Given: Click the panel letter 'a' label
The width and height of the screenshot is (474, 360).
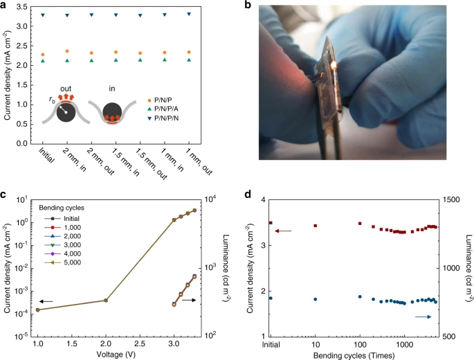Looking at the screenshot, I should (x=5, y=6).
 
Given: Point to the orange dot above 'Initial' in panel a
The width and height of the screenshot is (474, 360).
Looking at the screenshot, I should (x=44, y=55).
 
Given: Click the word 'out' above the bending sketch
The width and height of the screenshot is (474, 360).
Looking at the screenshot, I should (x=66, y=87).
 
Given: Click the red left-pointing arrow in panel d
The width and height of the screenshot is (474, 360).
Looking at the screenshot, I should (x=283, y=231).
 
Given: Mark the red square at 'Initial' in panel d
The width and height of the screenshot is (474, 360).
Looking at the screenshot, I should (x=271, y=224).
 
